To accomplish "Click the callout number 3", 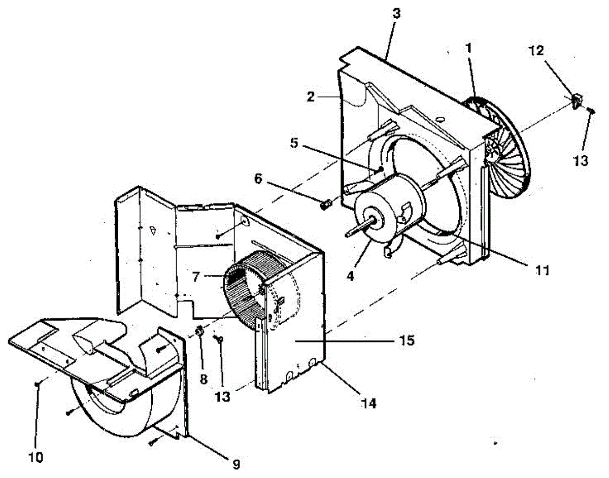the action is [396, 14].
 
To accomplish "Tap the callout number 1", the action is [468, 48].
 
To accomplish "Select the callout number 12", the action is [536, 51].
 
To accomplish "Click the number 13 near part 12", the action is [581, 160].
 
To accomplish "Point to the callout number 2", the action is [311, 97].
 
